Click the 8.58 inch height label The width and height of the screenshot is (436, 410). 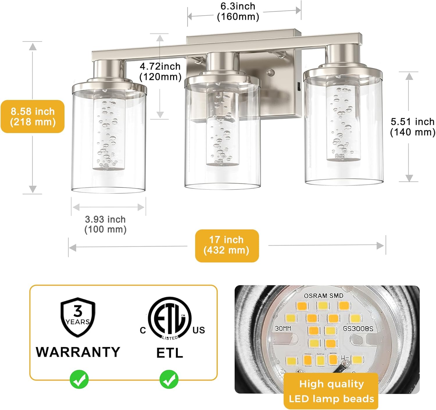pos(33,117)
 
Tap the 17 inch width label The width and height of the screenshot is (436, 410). pos(227,246)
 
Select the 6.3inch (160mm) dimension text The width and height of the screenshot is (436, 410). pos(238,11)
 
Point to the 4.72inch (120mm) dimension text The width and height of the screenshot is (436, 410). pos(160,71)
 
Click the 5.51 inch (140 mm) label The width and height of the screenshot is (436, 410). pos(412,127)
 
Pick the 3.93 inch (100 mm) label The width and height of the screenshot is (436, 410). pos(105,224)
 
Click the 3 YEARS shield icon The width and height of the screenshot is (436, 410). pos(78,317)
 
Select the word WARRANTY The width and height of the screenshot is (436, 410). pos(78,352)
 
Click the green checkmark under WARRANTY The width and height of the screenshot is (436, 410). pos(79,379)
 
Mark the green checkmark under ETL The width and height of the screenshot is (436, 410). pos(169,379)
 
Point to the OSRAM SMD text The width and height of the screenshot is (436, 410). pos(324,296)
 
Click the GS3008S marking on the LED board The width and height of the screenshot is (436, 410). pos(358,329)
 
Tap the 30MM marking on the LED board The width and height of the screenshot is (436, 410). pos(283,329)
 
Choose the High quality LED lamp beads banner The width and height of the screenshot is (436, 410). pos(331,391)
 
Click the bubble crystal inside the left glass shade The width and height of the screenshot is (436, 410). pos(108,131)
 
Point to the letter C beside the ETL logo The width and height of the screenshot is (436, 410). pos(143,330)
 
